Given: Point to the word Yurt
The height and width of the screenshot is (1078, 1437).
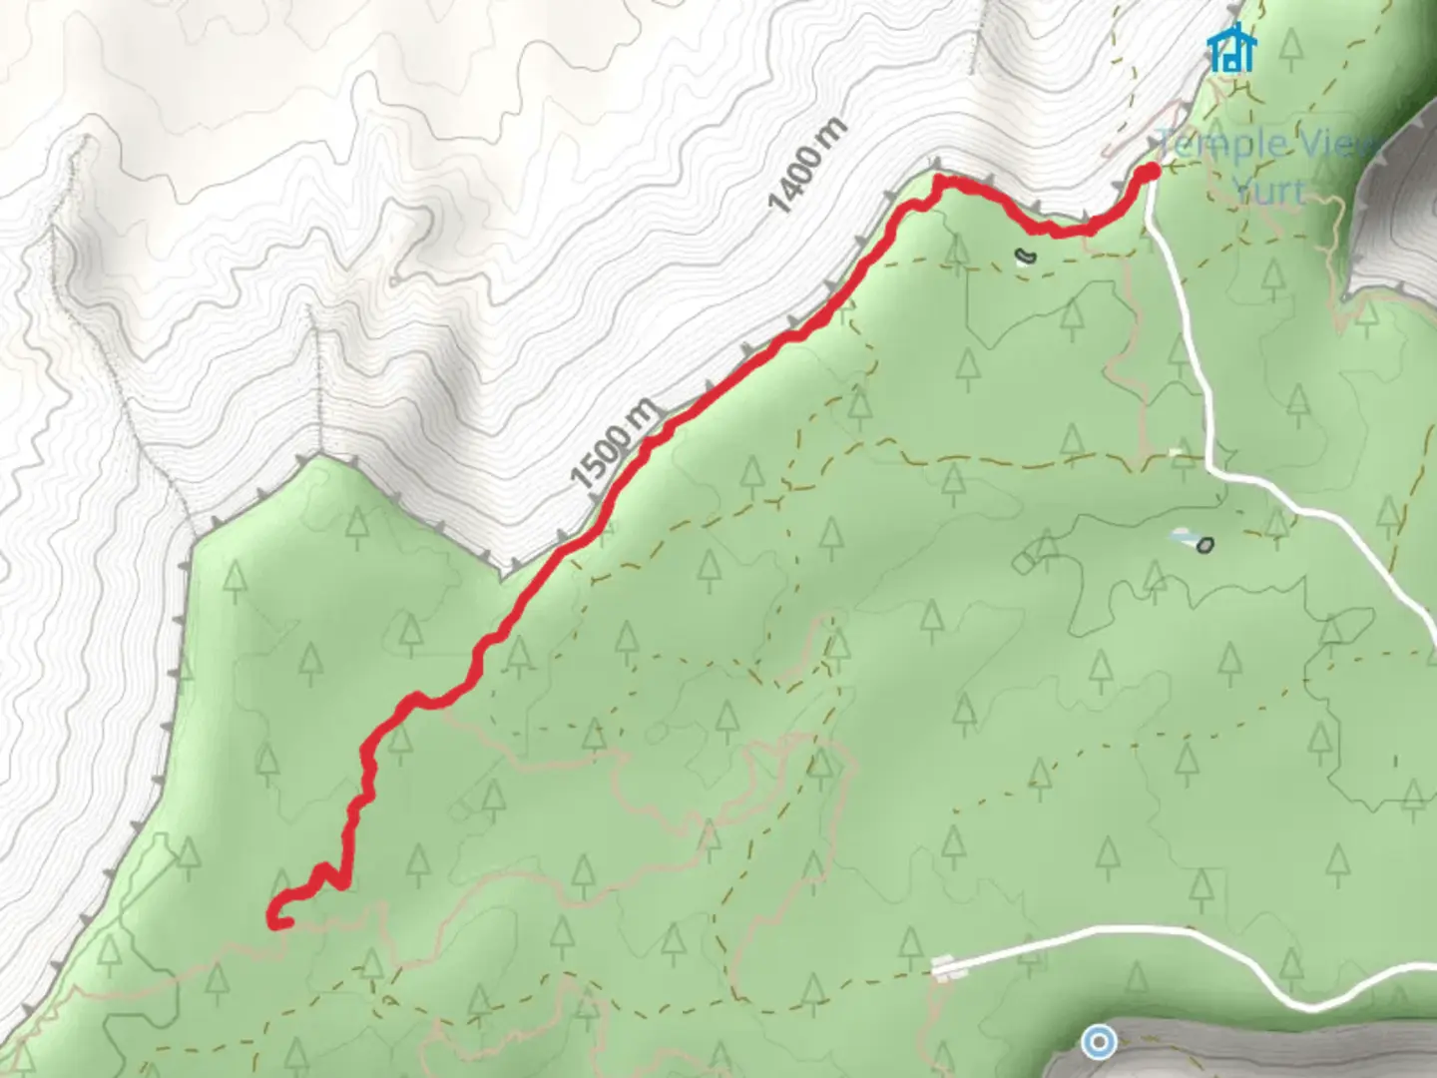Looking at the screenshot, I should (x=1267, y=190).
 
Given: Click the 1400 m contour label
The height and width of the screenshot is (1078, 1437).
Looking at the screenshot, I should (x=808, y=166).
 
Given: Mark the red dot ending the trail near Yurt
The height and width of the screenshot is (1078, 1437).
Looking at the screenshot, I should (x=1149, y=173).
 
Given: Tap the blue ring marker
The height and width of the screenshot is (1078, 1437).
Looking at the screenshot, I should (x=1100, y=1042).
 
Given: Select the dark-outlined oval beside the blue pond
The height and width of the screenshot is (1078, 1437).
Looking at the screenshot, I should (x=1205, y=545).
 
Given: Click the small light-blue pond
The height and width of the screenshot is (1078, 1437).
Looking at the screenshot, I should (x=1182, y=536).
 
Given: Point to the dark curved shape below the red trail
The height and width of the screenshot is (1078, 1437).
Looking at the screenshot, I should (x=1025, y=257).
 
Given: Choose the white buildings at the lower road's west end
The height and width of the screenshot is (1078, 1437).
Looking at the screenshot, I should (x=943, y=966).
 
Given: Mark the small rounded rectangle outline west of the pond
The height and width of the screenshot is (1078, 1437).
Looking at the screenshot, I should (x=1026, y=561).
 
